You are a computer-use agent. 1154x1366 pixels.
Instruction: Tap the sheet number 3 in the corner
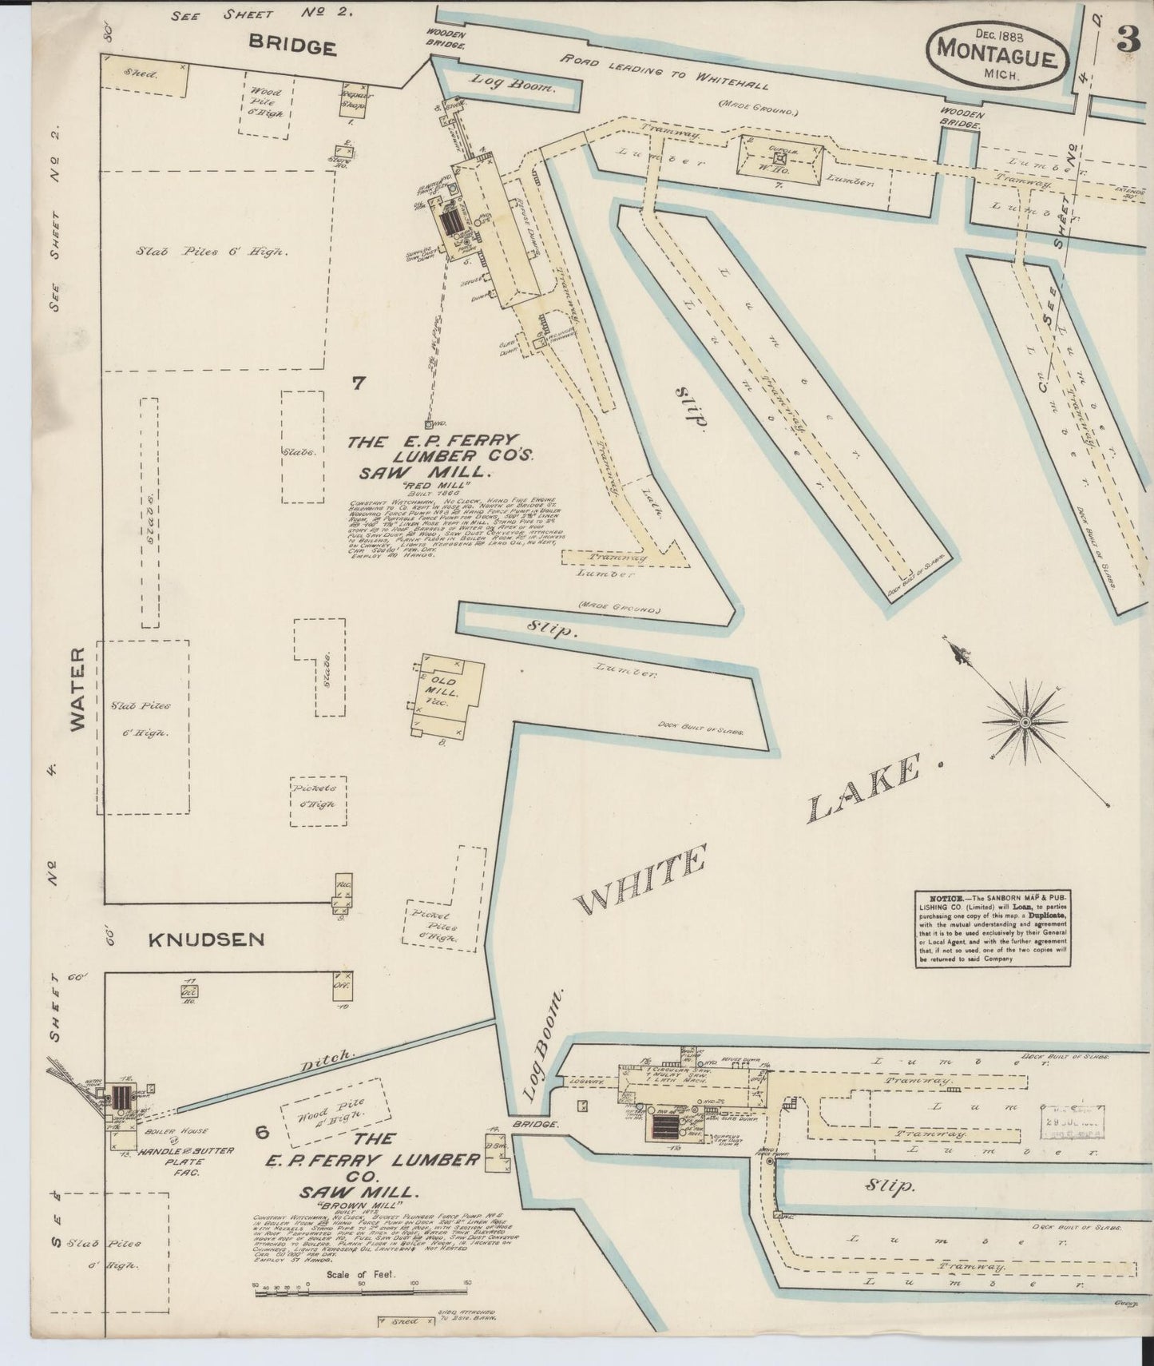(x=1128, y=40)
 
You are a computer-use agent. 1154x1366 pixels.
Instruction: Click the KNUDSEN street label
(x=206, y=939)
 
